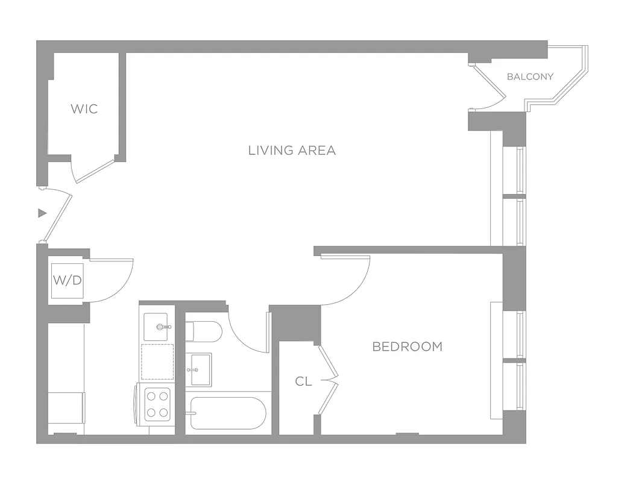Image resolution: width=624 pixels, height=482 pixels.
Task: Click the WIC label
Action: click(x=84, y=109)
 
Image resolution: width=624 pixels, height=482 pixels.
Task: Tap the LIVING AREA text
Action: click(x=292, y=150)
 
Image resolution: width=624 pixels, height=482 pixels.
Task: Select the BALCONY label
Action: click(x=530, y=77)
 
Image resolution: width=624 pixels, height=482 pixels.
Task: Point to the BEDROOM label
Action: click(x=407, y=346)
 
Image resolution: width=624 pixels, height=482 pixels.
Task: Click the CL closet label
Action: click(x=304, y=381)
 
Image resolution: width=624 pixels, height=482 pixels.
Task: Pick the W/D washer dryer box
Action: click(x=67, y=280)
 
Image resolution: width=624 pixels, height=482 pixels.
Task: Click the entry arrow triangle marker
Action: click(x=42, y=213)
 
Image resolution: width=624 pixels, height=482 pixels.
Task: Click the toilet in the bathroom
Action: click(x=203, y=331)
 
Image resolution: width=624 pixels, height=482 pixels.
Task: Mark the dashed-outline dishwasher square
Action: click(x=157, y=361)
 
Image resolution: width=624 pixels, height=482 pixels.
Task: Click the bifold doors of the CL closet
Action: click(x=329, y=380)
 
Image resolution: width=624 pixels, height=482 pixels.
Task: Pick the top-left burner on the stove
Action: click(x=151, y=396)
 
